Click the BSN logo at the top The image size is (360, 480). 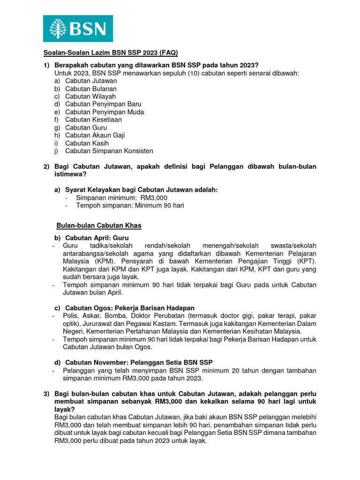pos(78,28)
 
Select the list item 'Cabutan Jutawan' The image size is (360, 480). pos(91,81)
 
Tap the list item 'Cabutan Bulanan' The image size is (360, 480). pos(91,89)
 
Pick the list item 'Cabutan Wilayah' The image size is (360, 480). pos(90,97)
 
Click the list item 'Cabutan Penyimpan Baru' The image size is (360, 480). pos(103,104)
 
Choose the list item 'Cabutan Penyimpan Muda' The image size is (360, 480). pos(105,112)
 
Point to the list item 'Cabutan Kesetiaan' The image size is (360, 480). pos(93,120)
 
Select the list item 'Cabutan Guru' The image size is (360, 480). pos(86,127)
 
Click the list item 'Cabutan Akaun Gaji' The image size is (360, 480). pos(95,135)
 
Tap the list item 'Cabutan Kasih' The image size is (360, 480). pos(87,143)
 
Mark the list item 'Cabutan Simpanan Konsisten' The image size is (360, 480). pos(109,151)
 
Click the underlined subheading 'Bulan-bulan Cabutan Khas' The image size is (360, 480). pos(99,225)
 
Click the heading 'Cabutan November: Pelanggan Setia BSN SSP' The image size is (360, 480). pos(139,362)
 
